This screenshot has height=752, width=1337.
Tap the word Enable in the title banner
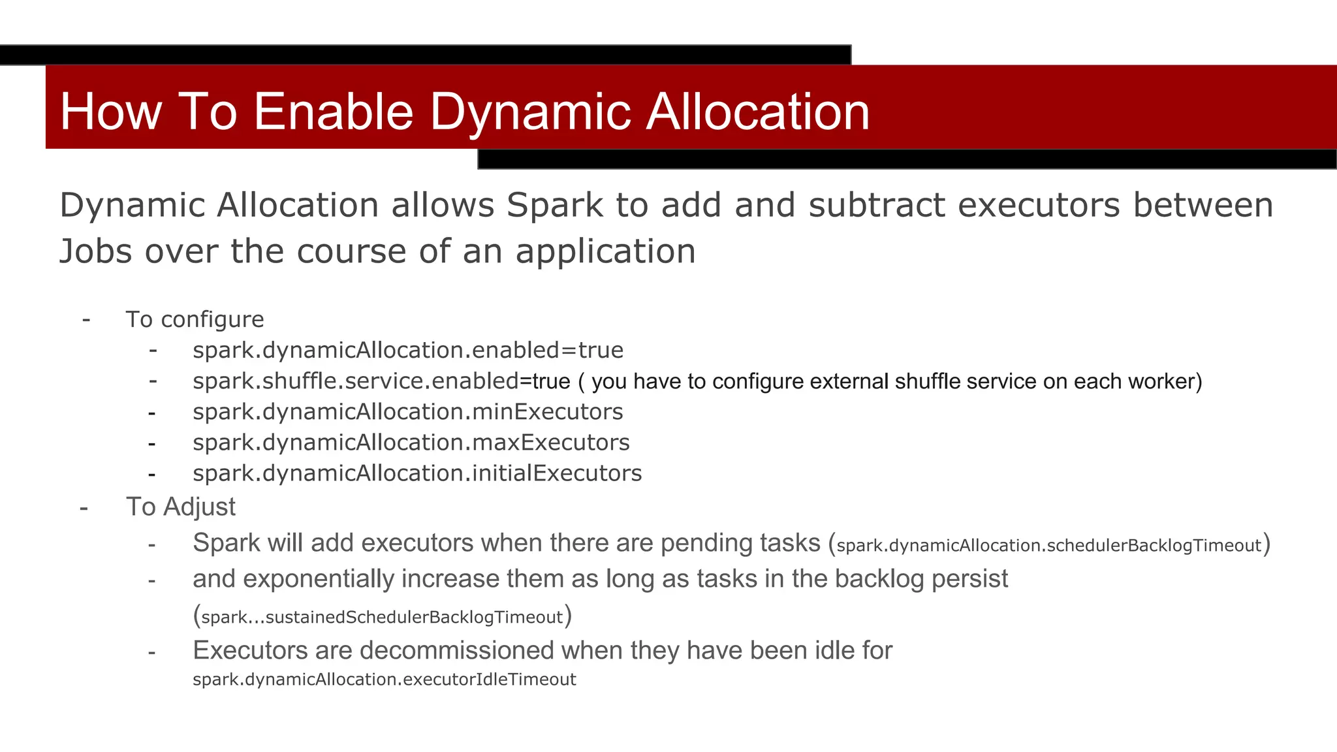pyautogui.click(x=333, y=111)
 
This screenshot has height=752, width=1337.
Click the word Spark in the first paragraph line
pyautogui.click(x=554, y=206)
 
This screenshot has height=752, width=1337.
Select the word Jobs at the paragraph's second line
pyautogui.click(x=95, y=252)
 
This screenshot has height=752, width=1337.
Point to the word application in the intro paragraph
pyautogui.click(x=605, y=252)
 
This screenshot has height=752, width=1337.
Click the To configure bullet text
pyautogui.click(x=195, y=319)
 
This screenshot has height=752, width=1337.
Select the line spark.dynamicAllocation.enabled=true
pyautogui.click(x=407, y=351)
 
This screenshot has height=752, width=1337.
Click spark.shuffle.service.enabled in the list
pyautogui.click(x=356, y=381)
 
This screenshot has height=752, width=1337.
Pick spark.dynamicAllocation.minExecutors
pyautogui.click(x=407, y=412)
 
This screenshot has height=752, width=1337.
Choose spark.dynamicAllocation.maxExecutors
pyautogui.click(x=411, y=443)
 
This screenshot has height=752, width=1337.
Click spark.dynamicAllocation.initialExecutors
pyautogui.click(x=417, y=473)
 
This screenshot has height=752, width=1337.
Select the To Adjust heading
pyautogui.click(x=180, y=507)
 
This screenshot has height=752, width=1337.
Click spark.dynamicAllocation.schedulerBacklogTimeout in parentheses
pyautogui.click(x=1048, y=546)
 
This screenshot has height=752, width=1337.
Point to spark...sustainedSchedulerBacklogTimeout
pyautogui.click(x=382, y=618)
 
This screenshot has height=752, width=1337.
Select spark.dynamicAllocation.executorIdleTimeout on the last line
pyautogui.click(x=384, y=680)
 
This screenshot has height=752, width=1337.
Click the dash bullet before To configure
pyautogui.click(x=86, y=319)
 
